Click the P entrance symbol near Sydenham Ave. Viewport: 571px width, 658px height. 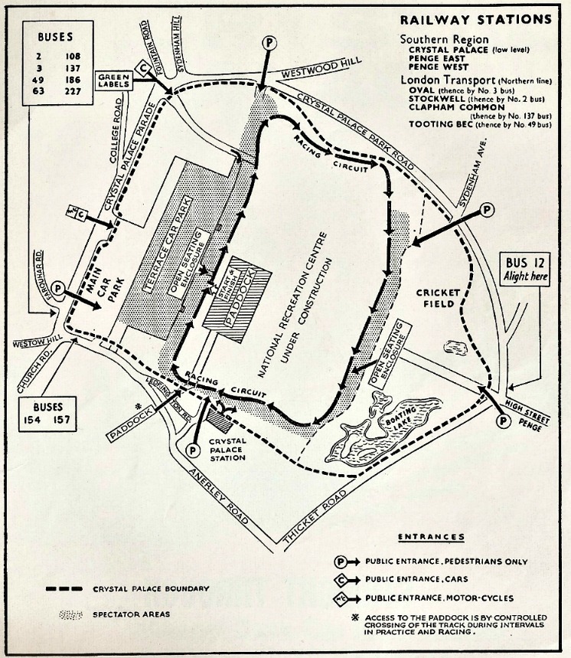(485, 210)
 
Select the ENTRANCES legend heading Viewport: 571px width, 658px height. (430, 538)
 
